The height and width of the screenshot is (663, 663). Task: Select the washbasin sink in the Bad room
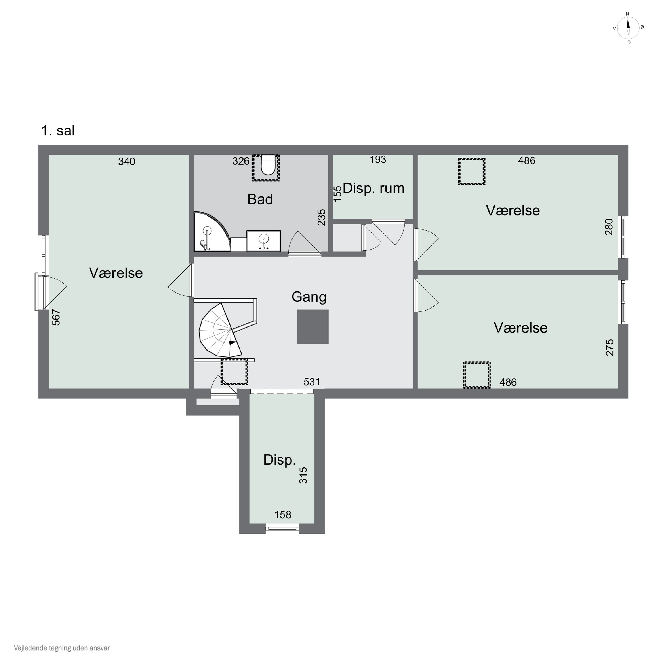coord(264,241)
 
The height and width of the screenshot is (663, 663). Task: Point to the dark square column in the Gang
coord(313,326)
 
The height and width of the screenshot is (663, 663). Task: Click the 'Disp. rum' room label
coord(373,188)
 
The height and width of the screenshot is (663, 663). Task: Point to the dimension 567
coord(56,317)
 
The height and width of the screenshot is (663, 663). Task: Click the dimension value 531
coord(312,382)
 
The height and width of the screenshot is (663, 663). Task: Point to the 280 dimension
coord(608,227)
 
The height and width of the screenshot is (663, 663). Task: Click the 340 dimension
coord(127,161)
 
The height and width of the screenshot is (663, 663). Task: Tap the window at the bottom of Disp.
coord(282,528)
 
